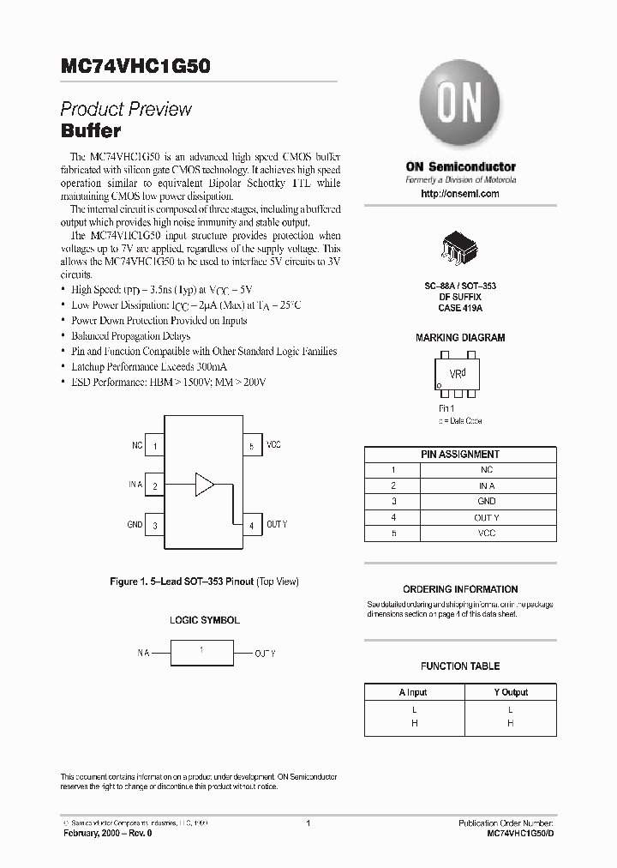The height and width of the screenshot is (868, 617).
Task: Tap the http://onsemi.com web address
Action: [460, 195]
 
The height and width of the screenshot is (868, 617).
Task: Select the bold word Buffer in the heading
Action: [91, 132]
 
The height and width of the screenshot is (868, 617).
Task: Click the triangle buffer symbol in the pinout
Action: [204, 484]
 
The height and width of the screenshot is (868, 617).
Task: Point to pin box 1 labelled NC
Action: [154, 446]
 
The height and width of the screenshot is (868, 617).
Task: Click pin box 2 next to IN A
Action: [154, 485]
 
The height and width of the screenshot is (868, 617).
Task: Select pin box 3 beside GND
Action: [154, 525]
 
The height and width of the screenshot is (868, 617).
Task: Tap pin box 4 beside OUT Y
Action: [251, 525]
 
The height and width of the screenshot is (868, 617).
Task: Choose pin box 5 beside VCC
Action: [251, 446]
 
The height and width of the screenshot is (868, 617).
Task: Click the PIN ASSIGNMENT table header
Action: [460, 455]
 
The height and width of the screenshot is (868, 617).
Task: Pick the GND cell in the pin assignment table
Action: [487, 501]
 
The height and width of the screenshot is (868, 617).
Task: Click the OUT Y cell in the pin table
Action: [487, 517]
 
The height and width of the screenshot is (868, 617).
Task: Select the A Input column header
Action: [412, 692]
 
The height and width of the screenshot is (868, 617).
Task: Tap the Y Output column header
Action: [510, 692]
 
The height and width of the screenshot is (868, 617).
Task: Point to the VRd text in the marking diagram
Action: [458, 374]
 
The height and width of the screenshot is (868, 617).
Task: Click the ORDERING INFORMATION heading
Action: [460, 589]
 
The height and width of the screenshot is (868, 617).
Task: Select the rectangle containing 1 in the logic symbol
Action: [201, 653]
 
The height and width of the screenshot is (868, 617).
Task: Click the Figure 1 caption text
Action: [204, 582]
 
